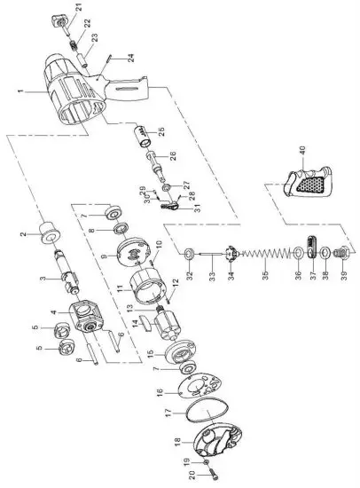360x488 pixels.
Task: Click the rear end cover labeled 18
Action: point(215,449)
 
